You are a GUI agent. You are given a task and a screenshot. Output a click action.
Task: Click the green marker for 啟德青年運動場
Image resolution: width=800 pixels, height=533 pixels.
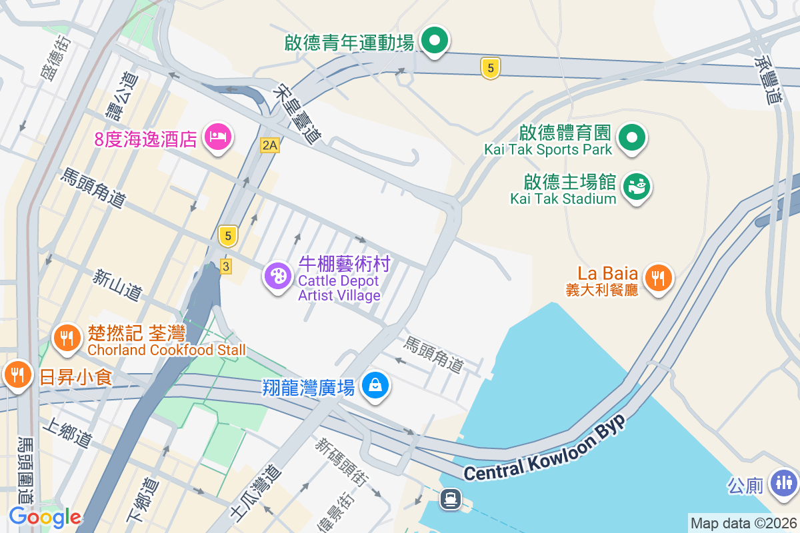[x=435, y=41]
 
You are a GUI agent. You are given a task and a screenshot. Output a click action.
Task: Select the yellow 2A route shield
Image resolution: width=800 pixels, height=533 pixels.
[x=269, y=145]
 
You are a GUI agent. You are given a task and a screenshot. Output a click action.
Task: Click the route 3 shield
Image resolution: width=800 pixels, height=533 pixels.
[x=226, y=266]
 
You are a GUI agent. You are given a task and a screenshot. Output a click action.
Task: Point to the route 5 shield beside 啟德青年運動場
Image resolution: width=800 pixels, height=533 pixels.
[x=490, y=67]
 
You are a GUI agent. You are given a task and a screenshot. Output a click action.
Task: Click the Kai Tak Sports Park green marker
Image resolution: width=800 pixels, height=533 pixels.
[x=632, y=138]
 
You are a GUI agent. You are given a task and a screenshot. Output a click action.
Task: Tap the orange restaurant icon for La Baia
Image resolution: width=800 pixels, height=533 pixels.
[x=659, y=276]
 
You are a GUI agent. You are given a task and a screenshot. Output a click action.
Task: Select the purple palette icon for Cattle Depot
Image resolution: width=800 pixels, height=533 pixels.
[x=277, y=276]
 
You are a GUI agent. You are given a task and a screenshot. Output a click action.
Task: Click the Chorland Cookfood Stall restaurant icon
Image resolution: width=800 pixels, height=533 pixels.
[x=67, y=338]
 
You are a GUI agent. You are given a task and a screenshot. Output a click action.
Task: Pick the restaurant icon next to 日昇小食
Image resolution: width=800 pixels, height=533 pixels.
[x=16, y=375]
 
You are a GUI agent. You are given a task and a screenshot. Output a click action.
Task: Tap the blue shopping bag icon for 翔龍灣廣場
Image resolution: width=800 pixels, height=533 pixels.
[x=375, y=385]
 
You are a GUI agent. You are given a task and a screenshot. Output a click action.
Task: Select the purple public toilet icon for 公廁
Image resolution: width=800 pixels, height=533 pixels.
[x=783, y=482]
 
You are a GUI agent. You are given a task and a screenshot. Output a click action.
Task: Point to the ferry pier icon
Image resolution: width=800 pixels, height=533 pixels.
[x=451, y=498]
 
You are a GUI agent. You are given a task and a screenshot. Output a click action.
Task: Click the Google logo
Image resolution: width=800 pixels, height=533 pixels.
[x=45, y=517]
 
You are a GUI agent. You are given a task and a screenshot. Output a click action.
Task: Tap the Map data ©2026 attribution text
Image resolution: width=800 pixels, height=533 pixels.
[x=743, y=523]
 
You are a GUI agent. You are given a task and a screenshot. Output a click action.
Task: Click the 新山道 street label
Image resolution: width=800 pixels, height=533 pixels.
[x=118, y=284]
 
